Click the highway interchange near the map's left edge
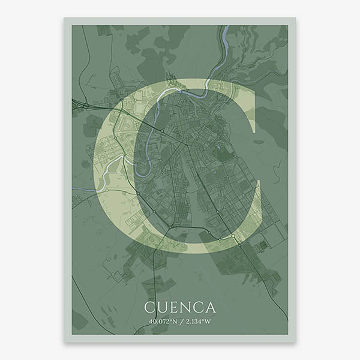click(x=86, y=106)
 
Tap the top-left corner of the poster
click(x=65, y=18)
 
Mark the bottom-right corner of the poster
click(x=295, y=341)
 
